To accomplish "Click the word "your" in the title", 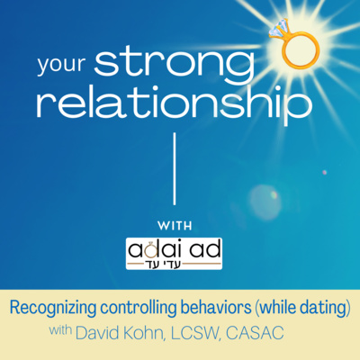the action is pyautogui.click(x=61, y=65).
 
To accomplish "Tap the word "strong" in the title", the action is pyautogui.click(x=175, y=64).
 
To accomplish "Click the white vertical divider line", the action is pyautogui.click(x=175, y=169).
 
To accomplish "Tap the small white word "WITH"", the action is pyautogui.click(x=175, y=226).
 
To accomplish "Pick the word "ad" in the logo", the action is pyautogui.click(x=207, y=250).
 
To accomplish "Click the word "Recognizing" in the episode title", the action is pyautogui.click(x=53, y=309).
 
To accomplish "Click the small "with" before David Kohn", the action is pyautogui.click(x=60, y=330).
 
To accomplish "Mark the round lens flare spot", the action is pyautogui.click(x=264, y=198).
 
